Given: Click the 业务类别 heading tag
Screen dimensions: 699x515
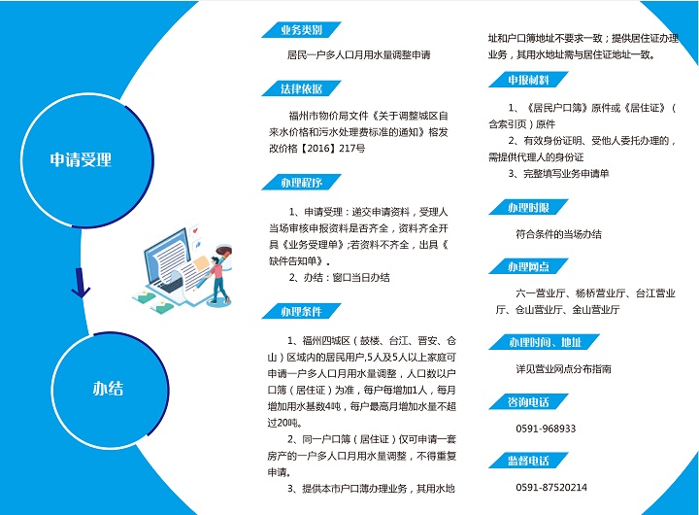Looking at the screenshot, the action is [301, 30].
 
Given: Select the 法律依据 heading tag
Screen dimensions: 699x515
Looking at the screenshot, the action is [301, 88].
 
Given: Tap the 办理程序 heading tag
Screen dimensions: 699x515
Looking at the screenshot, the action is [301, 183].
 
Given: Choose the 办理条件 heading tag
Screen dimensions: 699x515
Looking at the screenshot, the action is [301, 311].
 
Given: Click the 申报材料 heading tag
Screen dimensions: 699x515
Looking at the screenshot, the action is [528, 80].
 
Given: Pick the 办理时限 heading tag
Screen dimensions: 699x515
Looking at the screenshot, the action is [528, 207].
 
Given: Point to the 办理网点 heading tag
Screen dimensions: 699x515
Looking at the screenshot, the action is [528, 266].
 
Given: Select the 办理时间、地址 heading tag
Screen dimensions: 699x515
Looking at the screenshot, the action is [544, 342].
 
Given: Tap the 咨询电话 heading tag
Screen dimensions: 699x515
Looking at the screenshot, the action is [528, 401].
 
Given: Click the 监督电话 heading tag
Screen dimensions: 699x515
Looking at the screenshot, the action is [528, 461].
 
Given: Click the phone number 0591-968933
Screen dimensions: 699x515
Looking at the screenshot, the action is [546, 429].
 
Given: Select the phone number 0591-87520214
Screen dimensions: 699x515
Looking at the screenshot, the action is [551, 488].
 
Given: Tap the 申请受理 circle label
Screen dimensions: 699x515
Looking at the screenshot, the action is [81, 159].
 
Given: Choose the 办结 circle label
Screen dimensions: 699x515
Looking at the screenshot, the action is [108, 389].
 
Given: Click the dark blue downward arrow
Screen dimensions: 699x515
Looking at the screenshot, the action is [81, 283].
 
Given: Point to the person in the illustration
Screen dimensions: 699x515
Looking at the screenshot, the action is [217, 279].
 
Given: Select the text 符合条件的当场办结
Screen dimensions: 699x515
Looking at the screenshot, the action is [558, 234].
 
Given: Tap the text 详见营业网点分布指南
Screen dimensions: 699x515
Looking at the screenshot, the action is [563, 369].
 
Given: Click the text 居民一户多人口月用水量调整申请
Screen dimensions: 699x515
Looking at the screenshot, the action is [359, 54].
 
